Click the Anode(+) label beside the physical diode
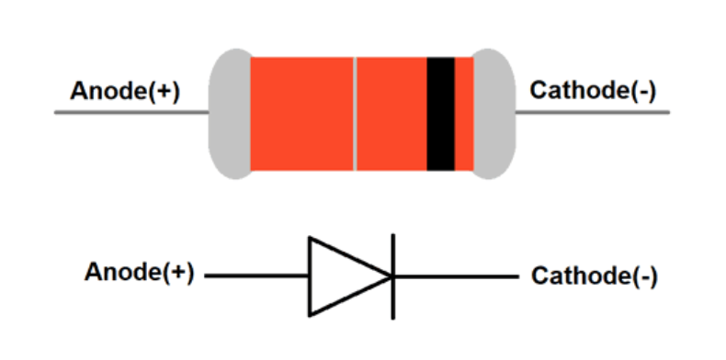[125, 92]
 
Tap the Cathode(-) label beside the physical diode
[593, 92]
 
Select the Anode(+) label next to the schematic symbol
[139, 273]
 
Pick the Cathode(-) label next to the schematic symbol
[594, 276]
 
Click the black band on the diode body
[440, 114]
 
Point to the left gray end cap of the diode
[230, 114]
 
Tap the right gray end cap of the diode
[493, 114]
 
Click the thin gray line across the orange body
[355, 114]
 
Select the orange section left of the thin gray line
[301, 114]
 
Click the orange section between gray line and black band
[391, 114]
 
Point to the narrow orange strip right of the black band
[464, 114]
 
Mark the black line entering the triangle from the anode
[256, 276]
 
